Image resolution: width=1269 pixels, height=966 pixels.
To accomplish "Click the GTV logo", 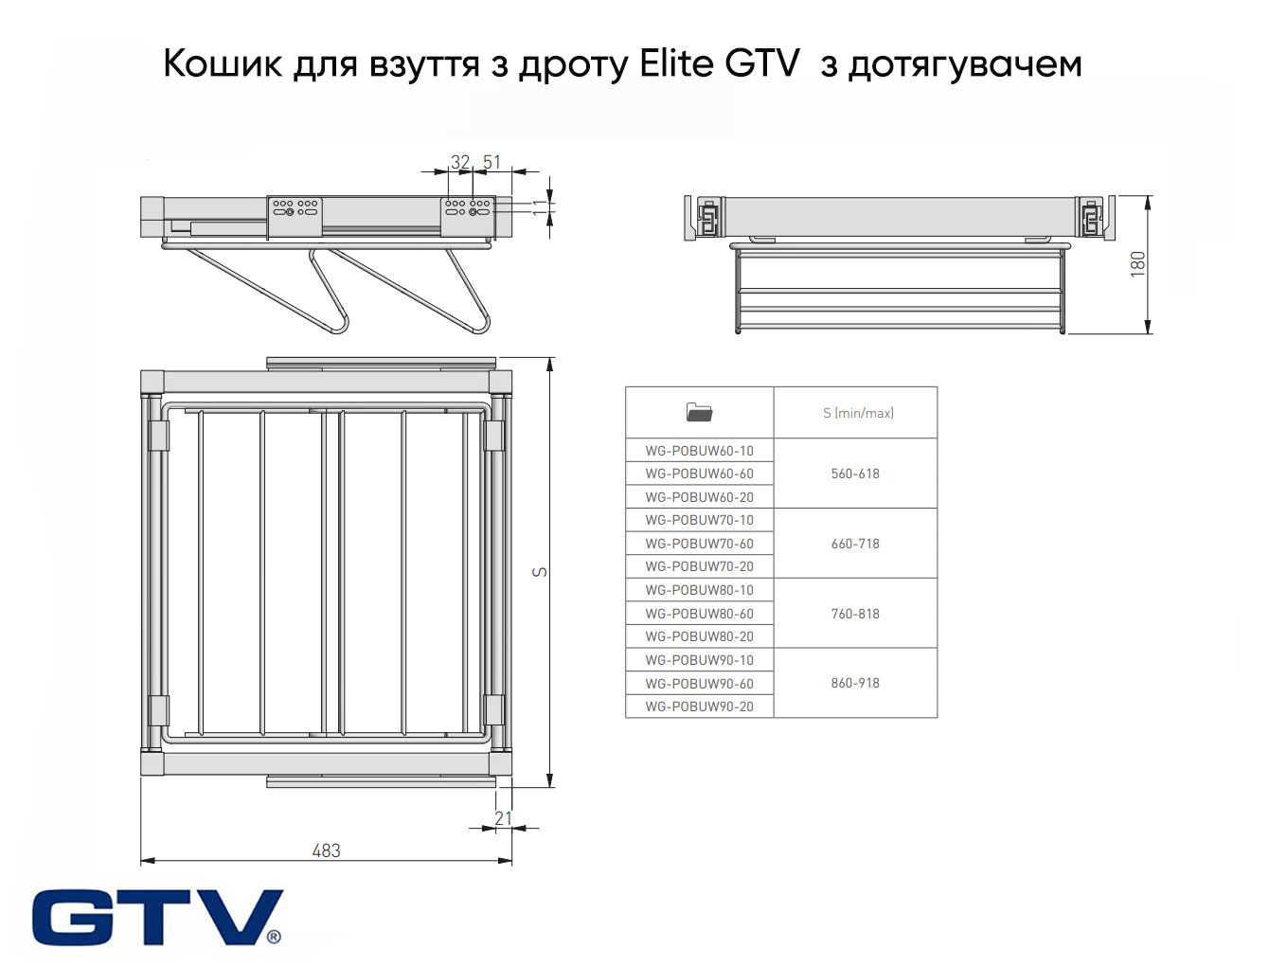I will [x=157, y=917].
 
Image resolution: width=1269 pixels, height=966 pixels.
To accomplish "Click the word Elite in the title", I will [x=676, y=64].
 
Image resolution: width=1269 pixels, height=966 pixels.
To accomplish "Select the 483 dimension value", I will [x=326, y=850].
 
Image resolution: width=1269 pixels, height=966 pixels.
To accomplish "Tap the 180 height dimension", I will [x=1138, y=263].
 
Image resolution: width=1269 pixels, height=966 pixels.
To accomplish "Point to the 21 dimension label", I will [x=503, y=818].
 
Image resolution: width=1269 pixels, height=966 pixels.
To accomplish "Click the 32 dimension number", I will [x=460, y=162].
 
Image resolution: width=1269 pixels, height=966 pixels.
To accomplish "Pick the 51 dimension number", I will [x=492, y=162].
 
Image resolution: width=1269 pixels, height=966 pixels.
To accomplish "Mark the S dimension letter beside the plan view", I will [x=540, y=571].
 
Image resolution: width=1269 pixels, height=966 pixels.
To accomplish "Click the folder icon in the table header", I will [x=699, y=412].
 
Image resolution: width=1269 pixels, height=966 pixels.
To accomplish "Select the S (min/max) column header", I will [x=858, y=413].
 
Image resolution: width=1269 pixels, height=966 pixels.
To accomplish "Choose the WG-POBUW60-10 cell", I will [x=699, y=451].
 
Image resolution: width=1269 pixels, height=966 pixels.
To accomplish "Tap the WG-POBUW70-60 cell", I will [x=699, y=544].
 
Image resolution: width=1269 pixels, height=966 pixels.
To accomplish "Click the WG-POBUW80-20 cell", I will [x=699, y=636].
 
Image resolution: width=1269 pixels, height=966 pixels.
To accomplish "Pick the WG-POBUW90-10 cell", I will [x=699, y=660].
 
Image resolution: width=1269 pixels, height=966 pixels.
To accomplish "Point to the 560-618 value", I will [x=855, y=474].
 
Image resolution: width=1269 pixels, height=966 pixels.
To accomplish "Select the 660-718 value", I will [x=855, y=544].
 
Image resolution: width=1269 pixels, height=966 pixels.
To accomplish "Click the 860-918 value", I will [x=855, y=683].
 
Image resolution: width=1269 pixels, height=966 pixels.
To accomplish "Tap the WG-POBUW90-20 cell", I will [x=699, y=707].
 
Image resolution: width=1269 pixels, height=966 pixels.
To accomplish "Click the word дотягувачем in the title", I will [x=964, y=64].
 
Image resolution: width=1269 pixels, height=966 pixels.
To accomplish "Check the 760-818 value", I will [x=855, y=614].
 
